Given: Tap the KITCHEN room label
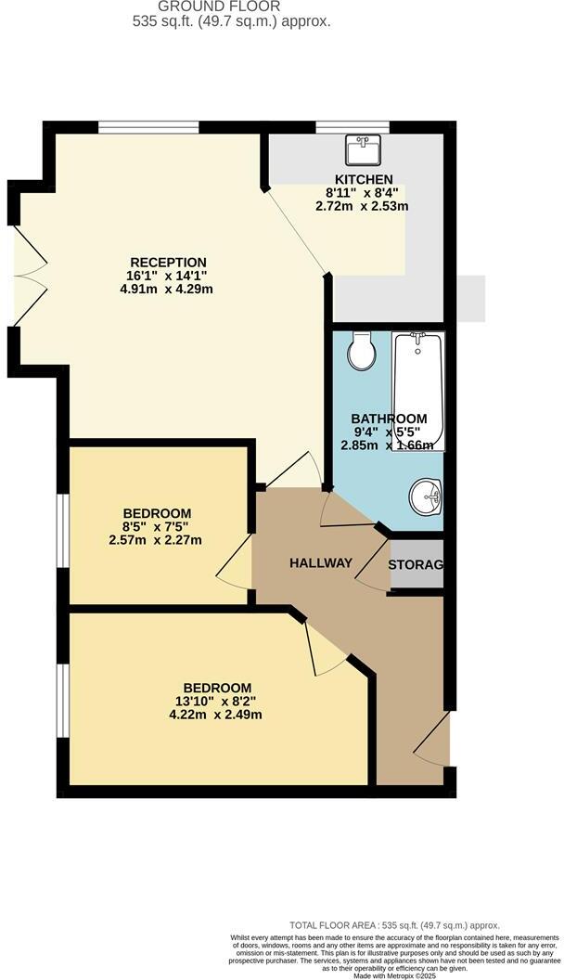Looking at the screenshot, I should point(364,179).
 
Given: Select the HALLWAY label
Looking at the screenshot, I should point(320,562).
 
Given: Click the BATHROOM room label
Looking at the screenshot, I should point(389,419).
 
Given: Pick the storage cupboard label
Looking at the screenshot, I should point(415,564).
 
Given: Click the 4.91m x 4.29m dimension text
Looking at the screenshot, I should point(160,289).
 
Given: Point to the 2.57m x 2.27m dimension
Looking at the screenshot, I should point(157,540).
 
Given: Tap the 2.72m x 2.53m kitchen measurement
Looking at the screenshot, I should point(362,205).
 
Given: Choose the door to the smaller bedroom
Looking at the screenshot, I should point(235,561).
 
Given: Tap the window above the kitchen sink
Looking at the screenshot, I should point(352,127).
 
